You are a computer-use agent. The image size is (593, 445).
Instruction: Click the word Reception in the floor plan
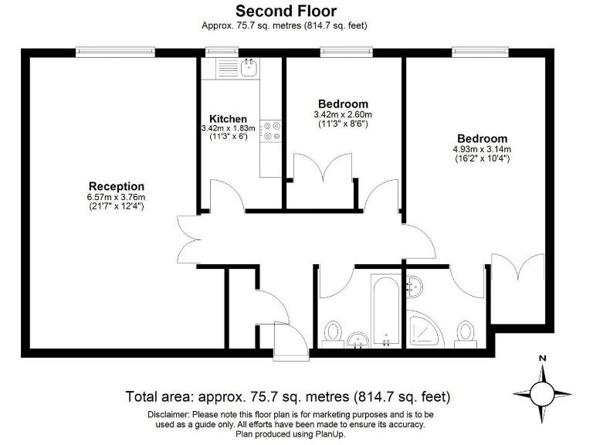click(116, 186)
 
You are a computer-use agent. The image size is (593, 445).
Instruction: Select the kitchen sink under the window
click(248, 68)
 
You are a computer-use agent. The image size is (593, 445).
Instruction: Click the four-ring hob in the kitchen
click(271, 131)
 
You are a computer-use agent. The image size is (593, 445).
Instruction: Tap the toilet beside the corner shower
click(465, 331)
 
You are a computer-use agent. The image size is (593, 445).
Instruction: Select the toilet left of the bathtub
click(334, 332)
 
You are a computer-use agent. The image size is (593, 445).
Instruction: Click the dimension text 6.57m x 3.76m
click(116, 197)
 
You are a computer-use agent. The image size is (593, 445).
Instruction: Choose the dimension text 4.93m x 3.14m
click(482, 149)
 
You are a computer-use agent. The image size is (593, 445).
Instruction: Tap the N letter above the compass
click(542, 359)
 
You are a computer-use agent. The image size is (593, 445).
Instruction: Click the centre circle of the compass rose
click(542, 393)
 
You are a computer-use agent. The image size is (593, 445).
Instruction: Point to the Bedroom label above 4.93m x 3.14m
click(482, 138)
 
